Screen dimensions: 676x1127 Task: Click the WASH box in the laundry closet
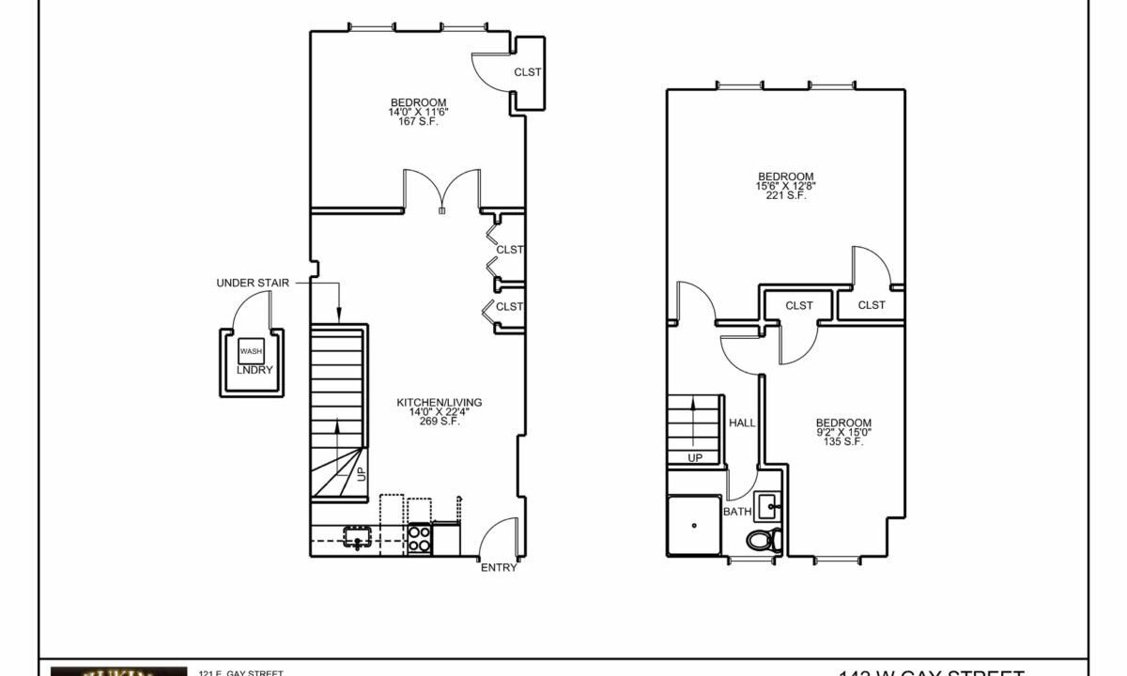(x=251, y=351)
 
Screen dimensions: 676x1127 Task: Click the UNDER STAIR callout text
(x=253, y=283)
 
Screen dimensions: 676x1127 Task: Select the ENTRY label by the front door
(x=499, y=568)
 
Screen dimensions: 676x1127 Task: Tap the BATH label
(x=736, y=512)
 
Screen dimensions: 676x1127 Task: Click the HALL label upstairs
(x=742, y=423)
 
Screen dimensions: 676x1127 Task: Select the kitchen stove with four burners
(x=419, y=539)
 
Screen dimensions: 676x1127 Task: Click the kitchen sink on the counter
(x=358, y=538)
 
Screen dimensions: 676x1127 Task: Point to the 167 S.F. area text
(x=419, y=122)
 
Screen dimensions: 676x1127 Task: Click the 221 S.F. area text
(x=786, y=196)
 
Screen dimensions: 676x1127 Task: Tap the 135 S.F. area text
(x=842, y=442)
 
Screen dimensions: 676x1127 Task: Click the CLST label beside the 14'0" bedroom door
(x=527, y=72)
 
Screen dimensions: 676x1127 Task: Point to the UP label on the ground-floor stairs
(x=362, y=475)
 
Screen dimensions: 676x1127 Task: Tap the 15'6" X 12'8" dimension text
(x=786, y=186)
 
